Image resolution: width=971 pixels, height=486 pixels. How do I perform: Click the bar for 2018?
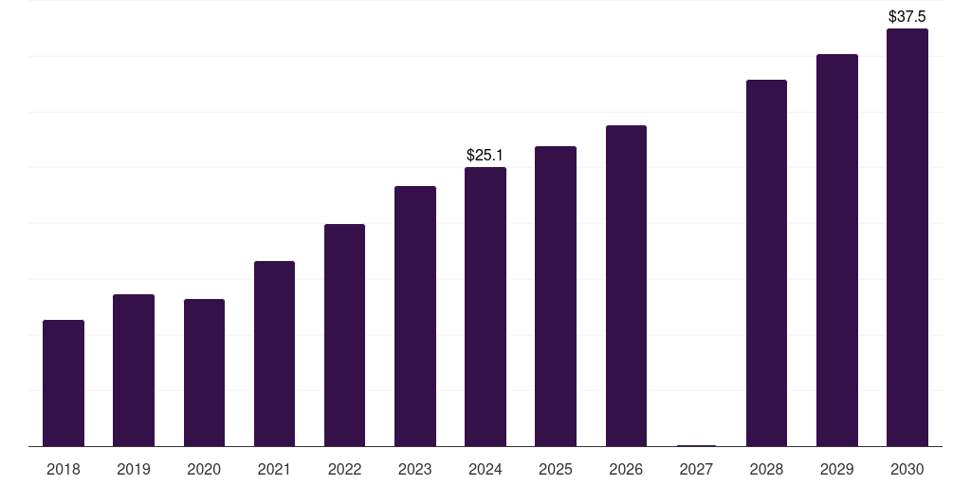tap(64, 383)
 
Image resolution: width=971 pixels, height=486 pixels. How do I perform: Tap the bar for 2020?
tap(204, 373)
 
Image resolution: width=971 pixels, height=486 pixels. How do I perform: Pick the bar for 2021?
tap(274, 354)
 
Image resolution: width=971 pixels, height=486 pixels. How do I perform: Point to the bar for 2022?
tap(344, 335)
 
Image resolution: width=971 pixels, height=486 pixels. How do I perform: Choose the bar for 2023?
tap(415, 316)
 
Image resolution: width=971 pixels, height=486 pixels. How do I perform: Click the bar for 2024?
tap(485, 307)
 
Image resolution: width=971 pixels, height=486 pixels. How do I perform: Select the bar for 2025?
tap(556, 296)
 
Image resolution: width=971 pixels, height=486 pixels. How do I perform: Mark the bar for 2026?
tap(626, 286)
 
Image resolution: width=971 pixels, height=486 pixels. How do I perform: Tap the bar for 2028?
tap(766, 263)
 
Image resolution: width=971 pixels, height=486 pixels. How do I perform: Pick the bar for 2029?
tap(837, 251)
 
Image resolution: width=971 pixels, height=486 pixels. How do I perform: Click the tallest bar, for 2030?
tap(907, 237)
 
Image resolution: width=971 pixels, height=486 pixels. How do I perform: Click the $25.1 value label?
tap(485, 155)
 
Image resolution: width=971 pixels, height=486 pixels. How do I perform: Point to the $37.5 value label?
tap(907, 16)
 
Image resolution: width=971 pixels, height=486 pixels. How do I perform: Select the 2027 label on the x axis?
tap(696, 469)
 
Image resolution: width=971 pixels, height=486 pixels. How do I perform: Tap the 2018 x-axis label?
tap(64, 469)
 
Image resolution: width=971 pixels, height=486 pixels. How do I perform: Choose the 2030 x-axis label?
tap(907, 469)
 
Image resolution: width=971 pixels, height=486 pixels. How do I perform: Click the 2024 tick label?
tap(485, 469)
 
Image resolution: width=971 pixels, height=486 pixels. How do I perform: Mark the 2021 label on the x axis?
tap(274, 469)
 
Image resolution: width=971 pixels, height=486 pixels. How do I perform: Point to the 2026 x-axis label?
tap(626, 469)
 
